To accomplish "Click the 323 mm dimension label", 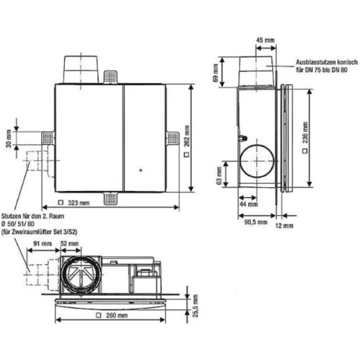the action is tap(78, 203).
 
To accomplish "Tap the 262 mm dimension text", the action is tap(187, 136).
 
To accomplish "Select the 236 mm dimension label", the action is tap(305, 132).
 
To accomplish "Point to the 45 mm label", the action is tap(265, 40).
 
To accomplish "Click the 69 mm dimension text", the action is tap(216, 73).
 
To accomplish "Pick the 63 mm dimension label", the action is tap(219, 176).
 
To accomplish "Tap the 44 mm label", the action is tap(248, 204).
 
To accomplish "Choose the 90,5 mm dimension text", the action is tap(256, 222).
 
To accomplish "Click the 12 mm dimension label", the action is tap(284, 225).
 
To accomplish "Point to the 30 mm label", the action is tap(9, 139).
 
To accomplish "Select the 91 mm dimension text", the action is tap(42, 243).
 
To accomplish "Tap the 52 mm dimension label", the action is tap(70, 243).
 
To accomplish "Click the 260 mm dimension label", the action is tap(117, 315).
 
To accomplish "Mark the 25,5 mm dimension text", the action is tap(196, 306).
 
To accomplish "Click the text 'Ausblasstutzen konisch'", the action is tap(327, 62).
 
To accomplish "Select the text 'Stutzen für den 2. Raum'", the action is tap(33, 216).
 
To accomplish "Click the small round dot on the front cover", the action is tap(140, 170).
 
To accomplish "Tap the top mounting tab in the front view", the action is tap(110, 77).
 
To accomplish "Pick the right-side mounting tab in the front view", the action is tap(173, 138).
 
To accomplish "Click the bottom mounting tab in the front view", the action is tap(110, 199).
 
